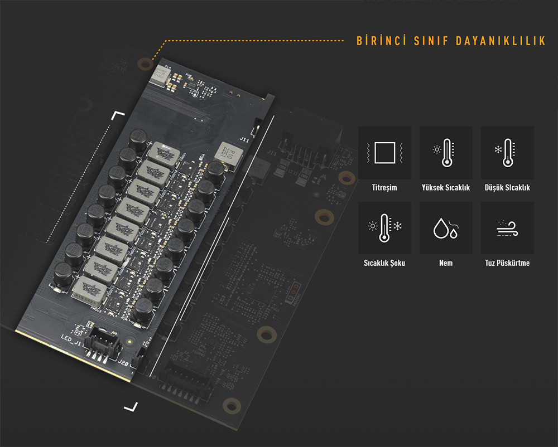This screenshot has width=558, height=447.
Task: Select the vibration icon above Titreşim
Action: (x=384, y=152)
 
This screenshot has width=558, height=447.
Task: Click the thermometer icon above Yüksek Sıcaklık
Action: (x=446, y=152)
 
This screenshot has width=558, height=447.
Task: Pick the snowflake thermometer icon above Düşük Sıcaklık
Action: (x=507, y=152)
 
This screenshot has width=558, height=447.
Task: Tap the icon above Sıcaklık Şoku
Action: (x=384, y=228)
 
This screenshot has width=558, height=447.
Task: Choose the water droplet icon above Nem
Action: (x=446, y=228)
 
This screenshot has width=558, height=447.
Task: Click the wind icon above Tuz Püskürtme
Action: (x=507, y=228)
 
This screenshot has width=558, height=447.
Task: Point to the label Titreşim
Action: (x=384, y=188)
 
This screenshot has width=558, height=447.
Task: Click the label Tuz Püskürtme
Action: (x=507, y=263)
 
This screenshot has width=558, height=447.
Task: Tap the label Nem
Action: (x=446, y=263)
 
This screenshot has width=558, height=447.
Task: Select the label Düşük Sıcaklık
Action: (x=507, y=188)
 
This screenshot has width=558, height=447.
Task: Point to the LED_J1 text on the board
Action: (x=71, y=338)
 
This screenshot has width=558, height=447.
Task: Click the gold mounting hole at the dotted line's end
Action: (x=146, y=62)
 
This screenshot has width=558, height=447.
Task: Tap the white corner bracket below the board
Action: (x=131, y=406)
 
